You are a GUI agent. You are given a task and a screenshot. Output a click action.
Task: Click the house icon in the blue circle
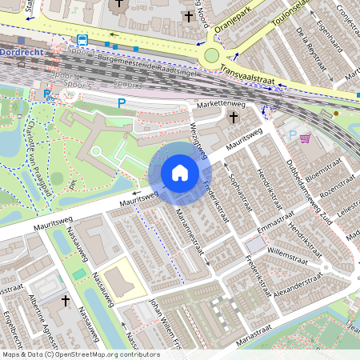point(180,172)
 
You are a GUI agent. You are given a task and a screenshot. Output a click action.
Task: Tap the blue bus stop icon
point(82,40)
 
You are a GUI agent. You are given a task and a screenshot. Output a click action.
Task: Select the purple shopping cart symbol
point(305,138)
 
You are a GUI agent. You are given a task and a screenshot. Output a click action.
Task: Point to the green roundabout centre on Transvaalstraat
point(212,55)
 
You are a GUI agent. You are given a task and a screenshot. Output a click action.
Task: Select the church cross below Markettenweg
point(234,118)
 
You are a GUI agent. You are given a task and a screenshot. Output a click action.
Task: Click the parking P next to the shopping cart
point(291,135)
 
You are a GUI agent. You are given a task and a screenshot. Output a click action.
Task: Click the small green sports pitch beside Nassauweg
point(78,274)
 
